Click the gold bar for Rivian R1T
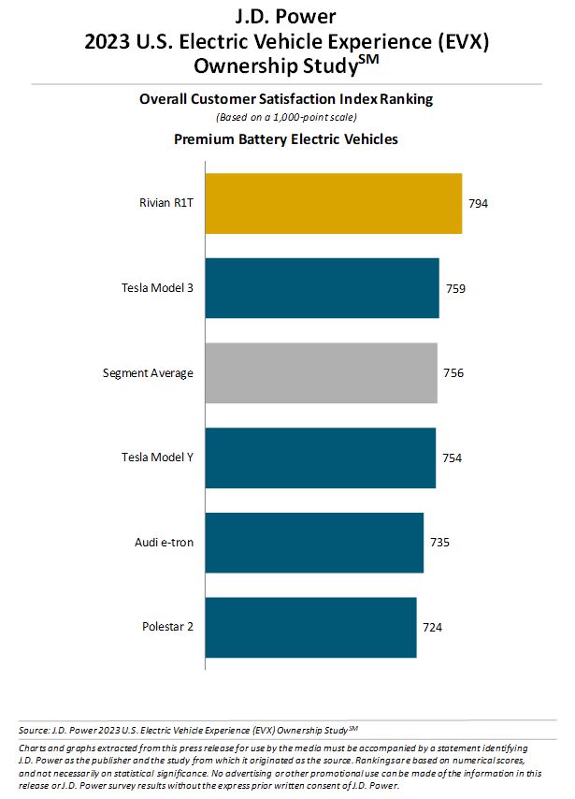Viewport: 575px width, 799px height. pyautogui.click(x=333, y=203)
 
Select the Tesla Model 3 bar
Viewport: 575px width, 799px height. pyautogui.click(x=322, y=288)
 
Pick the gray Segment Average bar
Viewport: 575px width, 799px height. pyautogui.click(x=321, y=372)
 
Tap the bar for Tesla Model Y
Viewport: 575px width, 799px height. pyautogui.click(x=320, y=458)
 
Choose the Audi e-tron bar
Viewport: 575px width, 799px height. pyautogui.click(x=314, y=543)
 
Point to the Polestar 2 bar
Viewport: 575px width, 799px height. pyautogui.click(x=310, y=626)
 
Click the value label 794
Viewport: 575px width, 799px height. pyautogui.click(x=479, y=203)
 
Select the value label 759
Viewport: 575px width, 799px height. pyautogui.click(x=455, y=288)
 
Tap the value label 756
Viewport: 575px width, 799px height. pyautogui.click(x=453, y=372)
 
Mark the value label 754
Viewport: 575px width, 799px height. pyautogui.click(x=452, y=458)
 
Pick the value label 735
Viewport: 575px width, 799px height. pyautogui.click(x=440, y=543)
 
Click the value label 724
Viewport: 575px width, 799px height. pyautogui.click(x=432, y=626)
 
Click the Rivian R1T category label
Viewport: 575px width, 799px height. pyautogui.click(x=165, y=203)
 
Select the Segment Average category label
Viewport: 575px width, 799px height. pyautogui.click(x=148, y=372)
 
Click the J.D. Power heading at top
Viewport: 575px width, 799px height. pyautogui.click(x=287, y=16)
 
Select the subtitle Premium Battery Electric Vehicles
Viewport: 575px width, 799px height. pyautogui.click(x=286, y=138)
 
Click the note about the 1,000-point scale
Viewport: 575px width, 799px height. pyautogui.click(x=286, y=117)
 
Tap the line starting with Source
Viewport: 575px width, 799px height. pyautogui.click(x=188, y=729)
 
